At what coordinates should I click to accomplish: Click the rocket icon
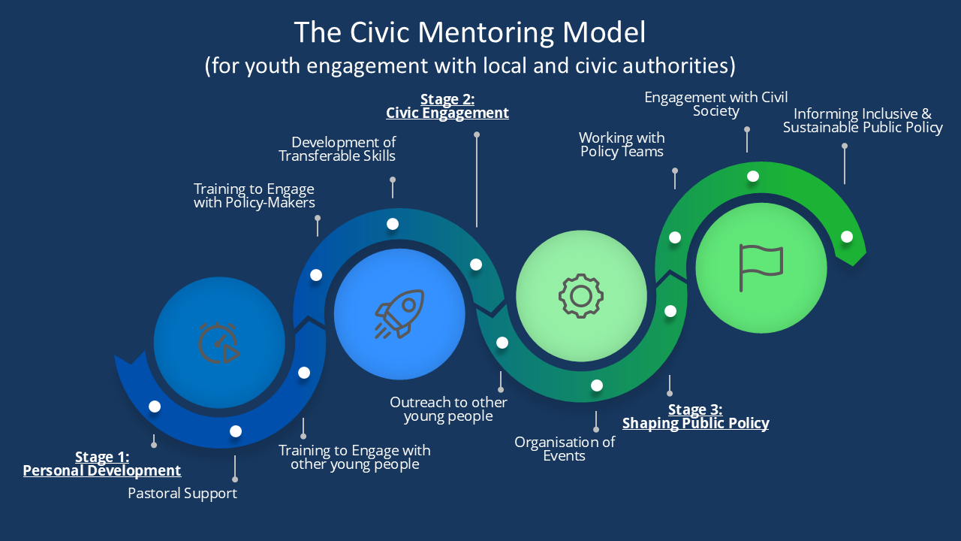pyautogui.click(x=399, y=314)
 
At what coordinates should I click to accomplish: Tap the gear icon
pyautogui.click(x=581, y=296)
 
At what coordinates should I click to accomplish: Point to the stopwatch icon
pyautogui.click(x=218, y=343)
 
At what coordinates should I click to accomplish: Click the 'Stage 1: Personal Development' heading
pyautogui.click(x=102, y=464)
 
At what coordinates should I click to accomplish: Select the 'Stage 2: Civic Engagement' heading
pyautogui.click(x=447, y=106)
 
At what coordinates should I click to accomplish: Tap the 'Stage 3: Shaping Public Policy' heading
pyautogui.click(x=695, y=416)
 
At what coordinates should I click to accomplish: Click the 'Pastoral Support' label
pyautogui.click(x=182, y=494)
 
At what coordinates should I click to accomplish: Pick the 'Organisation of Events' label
pyautogui.click(x=565, y=449)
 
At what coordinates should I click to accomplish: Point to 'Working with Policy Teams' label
pyautogui.click(x=622, y=145)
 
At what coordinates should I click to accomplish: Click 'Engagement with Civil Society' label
pyautogui.click(x=716, y=104)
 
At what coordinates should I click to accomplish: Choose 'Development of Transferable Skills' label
pyautogui.click(x=337, y=149)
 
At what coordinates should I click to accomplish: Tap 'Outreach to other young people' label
pyautogui.click(x=448, y=410)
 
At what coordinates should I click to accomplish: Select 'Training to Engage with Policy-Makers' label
pyautogui.click(x=254, y=196)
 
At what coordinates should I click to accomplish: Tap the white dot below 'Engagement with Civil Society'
pyautogui.click(x=753, y=176)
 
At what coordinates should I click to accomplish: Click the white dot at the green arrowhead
pyautogui.click(x=846, y=237)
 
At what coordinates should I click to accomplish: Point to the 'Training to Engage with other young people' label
pyautogui.click(x=354, y=458)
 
